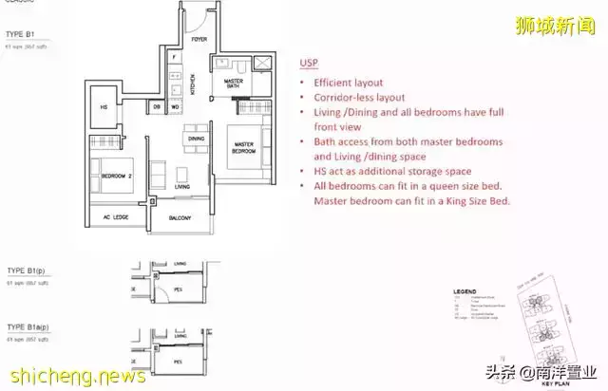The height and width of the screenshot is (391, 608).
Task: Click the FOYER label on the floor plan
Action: (x=199, y=41)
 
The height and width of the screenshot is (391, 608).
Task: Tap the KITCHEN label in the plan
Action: (x=193, y=84)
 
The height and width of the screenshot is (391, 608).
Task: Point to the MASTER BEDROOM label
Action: (x=249, y=148)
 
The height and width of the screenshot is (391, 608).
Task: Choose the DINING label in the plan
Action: (x=196, y=140)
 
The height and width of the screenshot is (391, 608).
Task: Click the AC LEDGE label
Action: (x=115, y=217)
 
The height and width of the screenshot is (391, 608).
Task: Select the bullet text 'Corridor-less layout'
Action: (x=358, y=98)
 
